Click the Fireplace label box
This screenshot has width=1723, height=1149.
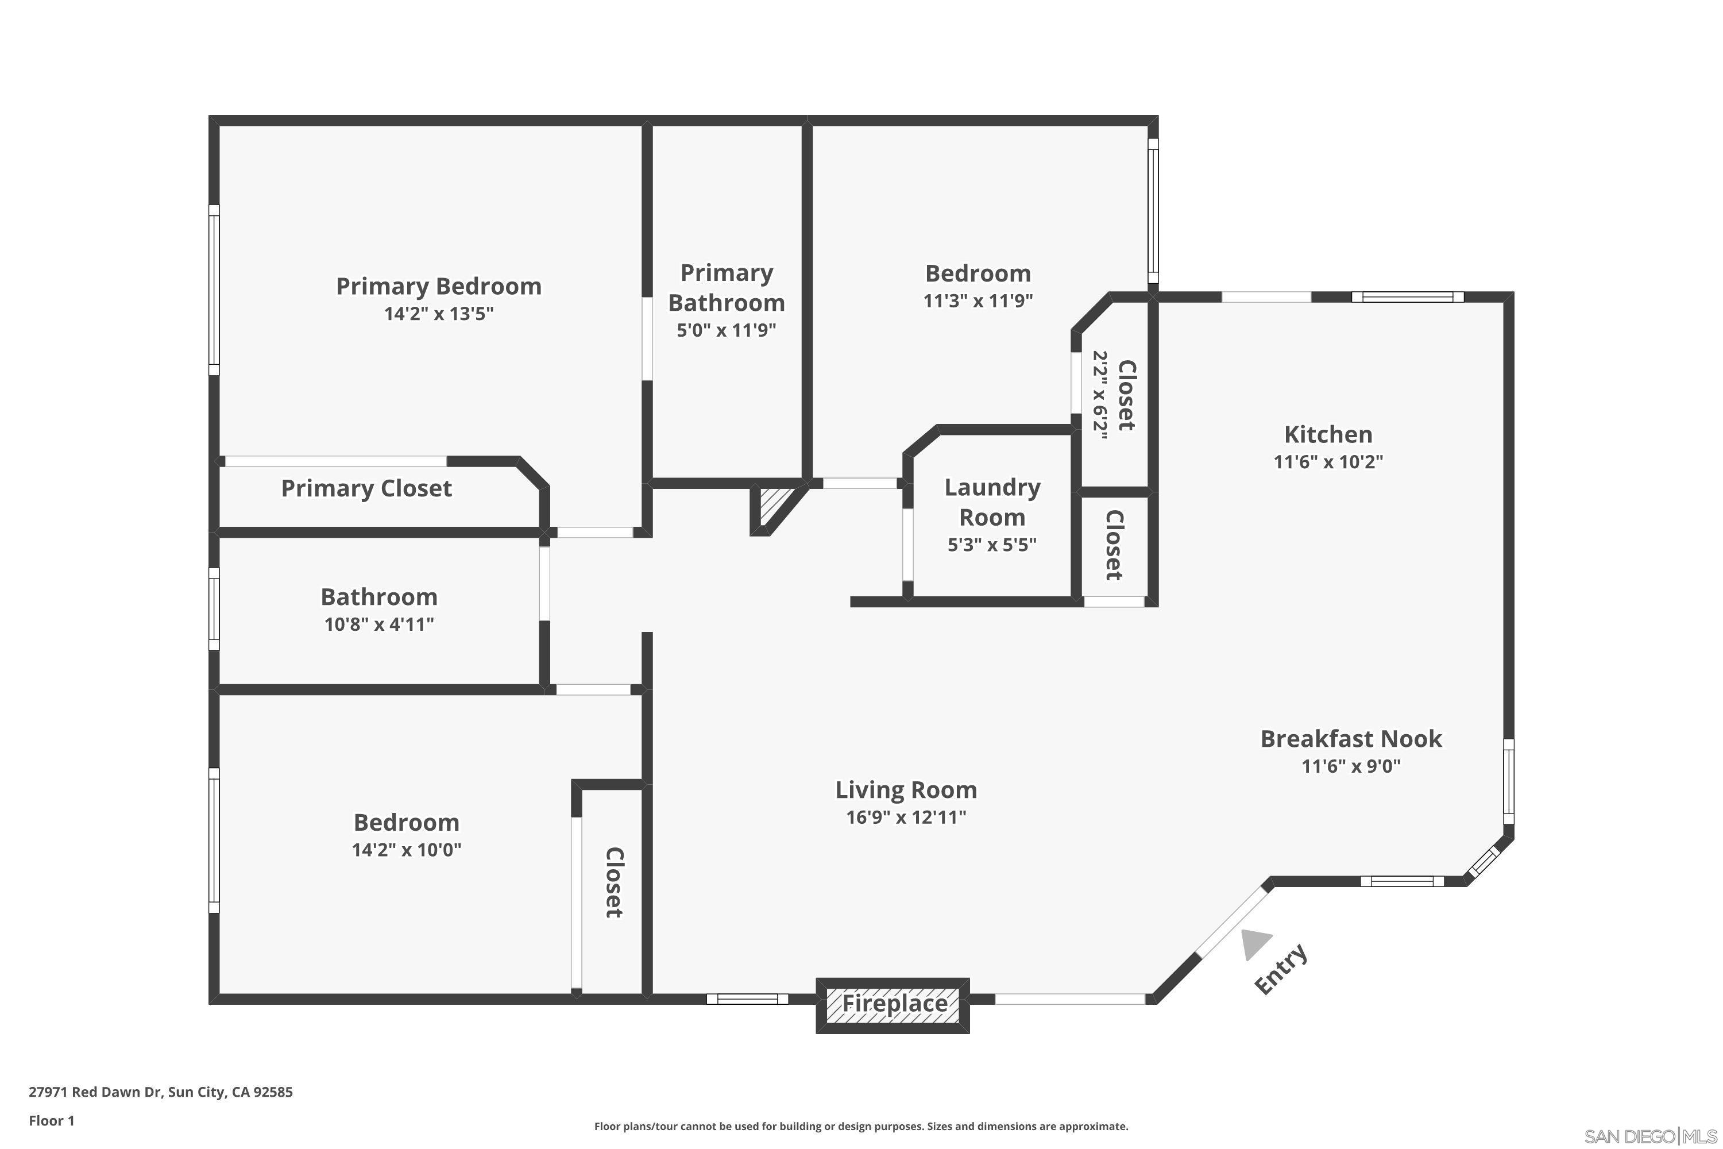(x=893, y=1003)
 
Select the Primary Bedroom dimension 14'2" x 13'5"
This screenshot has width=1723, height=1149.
(x=439, y=314)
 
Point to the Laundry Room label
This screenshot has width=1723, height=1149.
(x=992, y=502)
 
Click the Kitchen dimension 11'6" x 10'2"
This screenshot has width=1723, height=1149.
(x=1327, y=462)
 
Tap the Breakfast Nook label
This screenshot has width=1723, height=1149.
(x=1351, y=739)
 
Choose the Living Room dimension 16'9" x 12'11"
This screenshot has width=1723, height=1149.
(x=906, y=817)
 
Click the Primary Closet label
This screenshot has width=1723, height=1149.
(x=366, y=488)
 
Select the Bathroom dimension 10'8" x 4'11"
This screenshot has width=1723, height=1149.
(x=378, y=624)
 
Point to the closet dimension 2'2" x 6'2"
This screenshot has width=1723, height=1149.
(x=1100, y=395)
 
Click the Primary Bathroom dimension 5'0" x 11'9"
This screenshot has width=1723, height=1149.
(x=726, y=330)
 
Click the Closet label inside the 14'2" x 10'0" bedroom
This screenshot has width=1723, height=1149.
(x=614, y=882)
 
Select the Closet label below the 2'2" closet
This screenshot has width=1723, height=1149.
(x=1114, y=545)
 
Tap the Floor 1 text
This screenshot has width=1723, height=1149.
(x=51, y=1120)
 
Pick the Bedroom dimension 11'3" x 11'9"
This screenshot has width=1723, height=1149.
(x=978, y=300)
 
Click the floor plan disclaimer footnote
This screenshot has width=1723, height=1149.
(x=861, y=1126)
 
